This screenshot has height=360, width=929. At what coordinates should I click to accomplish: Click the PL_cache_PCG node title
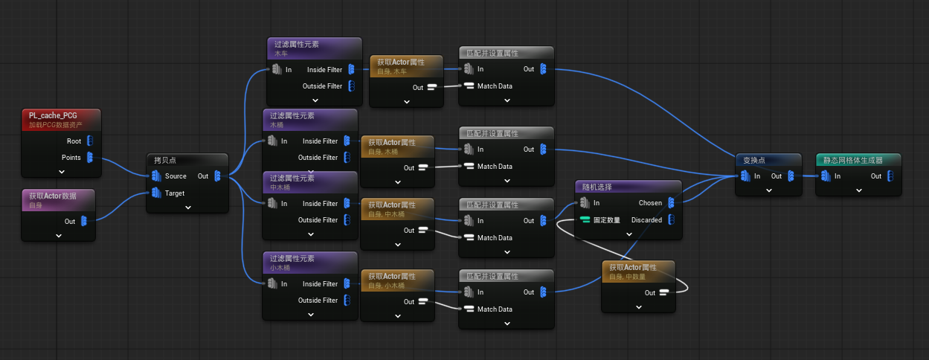pos(53,115)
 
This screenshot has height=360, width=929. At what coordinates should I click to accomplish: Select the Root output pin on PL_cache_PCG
pos(90,141)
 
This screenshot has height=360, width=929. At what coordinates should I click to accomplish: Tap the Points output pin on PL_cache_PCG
pos(90,158)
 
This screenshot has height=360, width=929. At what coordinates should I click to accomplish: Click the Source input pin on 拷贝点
pos(156,176)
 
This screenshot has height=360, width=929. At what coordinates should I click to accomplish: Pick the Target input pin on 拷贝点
pos(156,193)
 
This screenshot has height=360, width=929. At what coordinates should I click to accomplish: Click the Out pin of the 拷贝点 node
pos(218,176)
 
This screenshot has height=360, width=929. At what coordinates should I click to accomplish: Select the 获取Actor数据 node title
pos(53,196)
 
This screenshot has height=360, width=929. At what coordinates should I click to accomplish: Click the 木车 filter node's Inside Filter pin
pos(352,69)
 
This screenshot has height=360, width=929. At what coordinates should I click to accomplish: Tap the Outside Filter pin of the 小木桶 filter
pos(347,300)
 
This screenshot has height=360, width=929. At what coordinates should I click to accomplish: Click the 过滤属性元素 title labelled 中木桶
pos(292,179)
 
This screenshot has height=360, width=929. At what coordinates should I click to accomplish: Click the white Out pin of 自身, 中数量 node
pos(664,292)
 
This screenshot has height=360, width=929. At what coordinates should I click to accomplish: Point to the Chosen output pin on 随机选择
pos(672,203)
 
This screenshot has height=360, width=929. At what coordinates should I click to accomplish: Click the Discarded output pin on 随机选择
pos(672,220)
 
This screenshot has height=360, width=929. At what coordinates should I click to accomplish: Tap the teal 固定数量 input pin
pos(585,220)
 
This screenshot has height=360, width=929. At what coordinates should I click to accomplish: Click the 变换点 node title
pos(754,161)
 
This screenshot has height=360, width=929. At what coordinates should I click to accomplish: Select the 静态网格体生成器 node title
pos(852,161)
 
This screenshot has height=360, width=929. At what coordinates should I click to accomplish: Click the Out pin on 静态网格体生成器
pos(890,176)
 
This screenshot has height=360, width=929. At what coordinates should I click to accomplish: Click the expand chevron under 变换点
pos(769,190)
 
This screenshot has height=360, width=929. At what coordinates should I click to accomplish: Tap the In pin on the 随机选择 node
pos(585,203)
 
